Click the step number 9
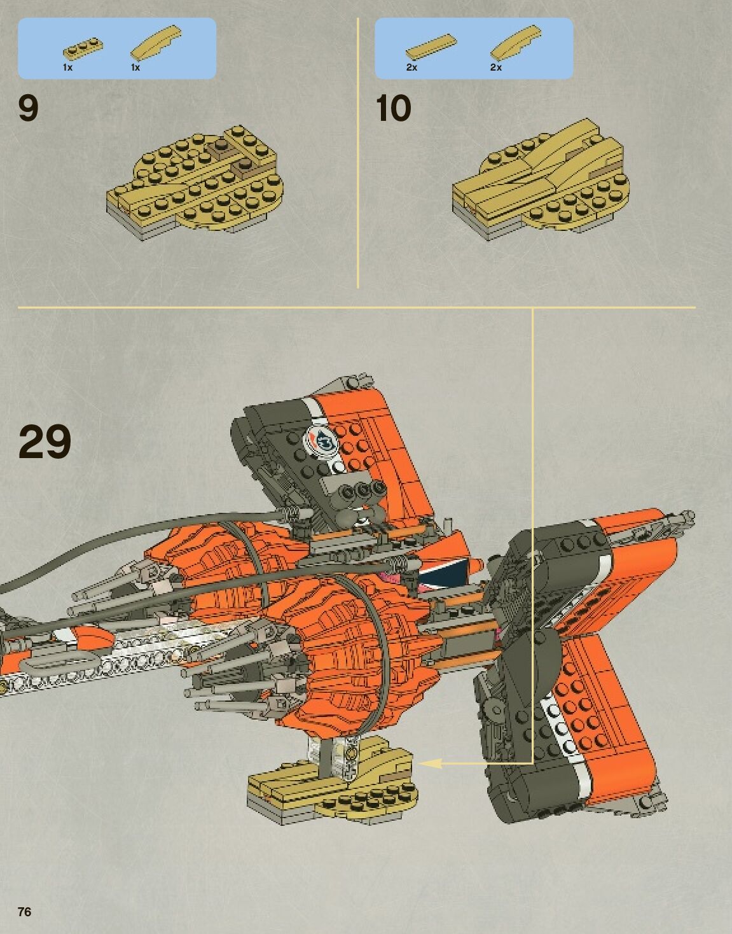coord(29,108)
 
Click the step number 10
coord(393,109)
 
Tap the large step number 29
coord(45,442)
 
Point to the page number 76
coord(24,912)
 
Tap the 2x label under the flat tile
coord(411,67)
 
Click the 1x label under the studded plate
coord(67,67)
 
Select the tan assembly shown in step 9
coord(197,181)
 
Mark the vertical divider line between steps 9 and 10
coord(358,153)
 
